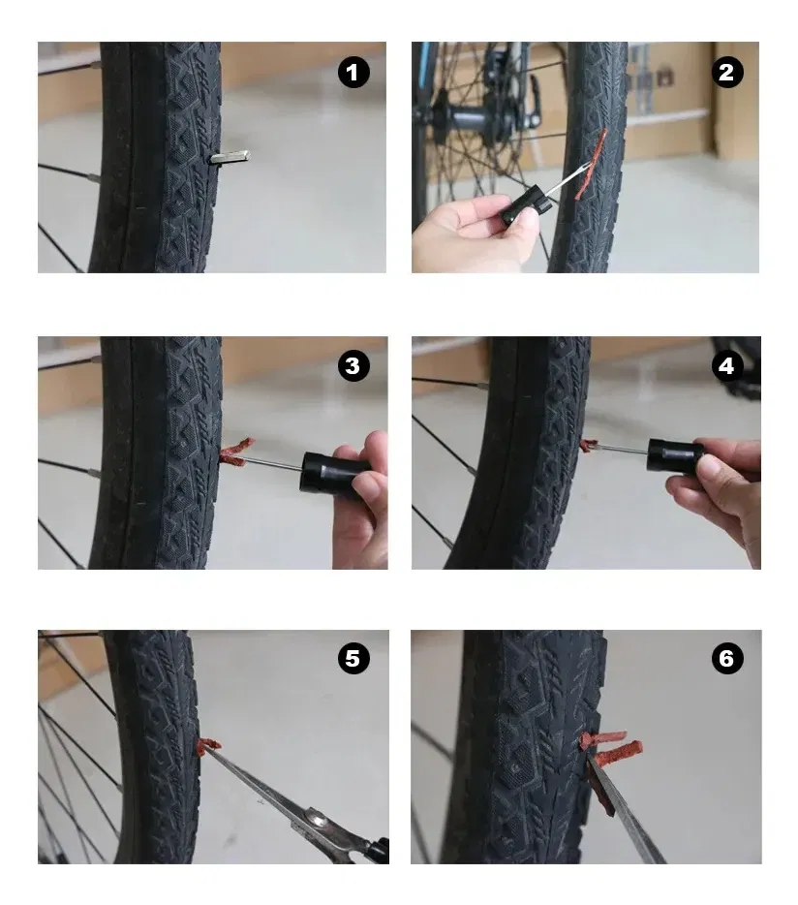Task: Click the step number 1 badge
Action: point(353,73)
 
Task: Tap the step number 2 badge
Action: point(727,72)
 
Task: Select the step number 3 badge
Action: point(353,365)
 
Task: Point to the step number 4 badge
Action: point(726,365)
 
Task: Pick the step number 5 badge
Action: point(353,658)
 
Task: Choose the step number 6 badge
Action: point(727,658)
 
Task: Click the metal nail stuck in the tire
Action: point(230,156)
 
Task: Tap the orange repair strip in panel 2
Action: point(590,165)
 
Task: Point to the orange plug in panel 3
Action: point(236,452)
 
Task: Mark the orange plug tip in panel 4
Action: point(589,445)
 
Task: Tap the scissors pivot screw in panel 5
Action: point(316,819)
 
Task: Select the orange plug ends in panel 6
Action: point(610,746)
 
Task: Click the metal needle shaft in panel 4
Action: point(622,449)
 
